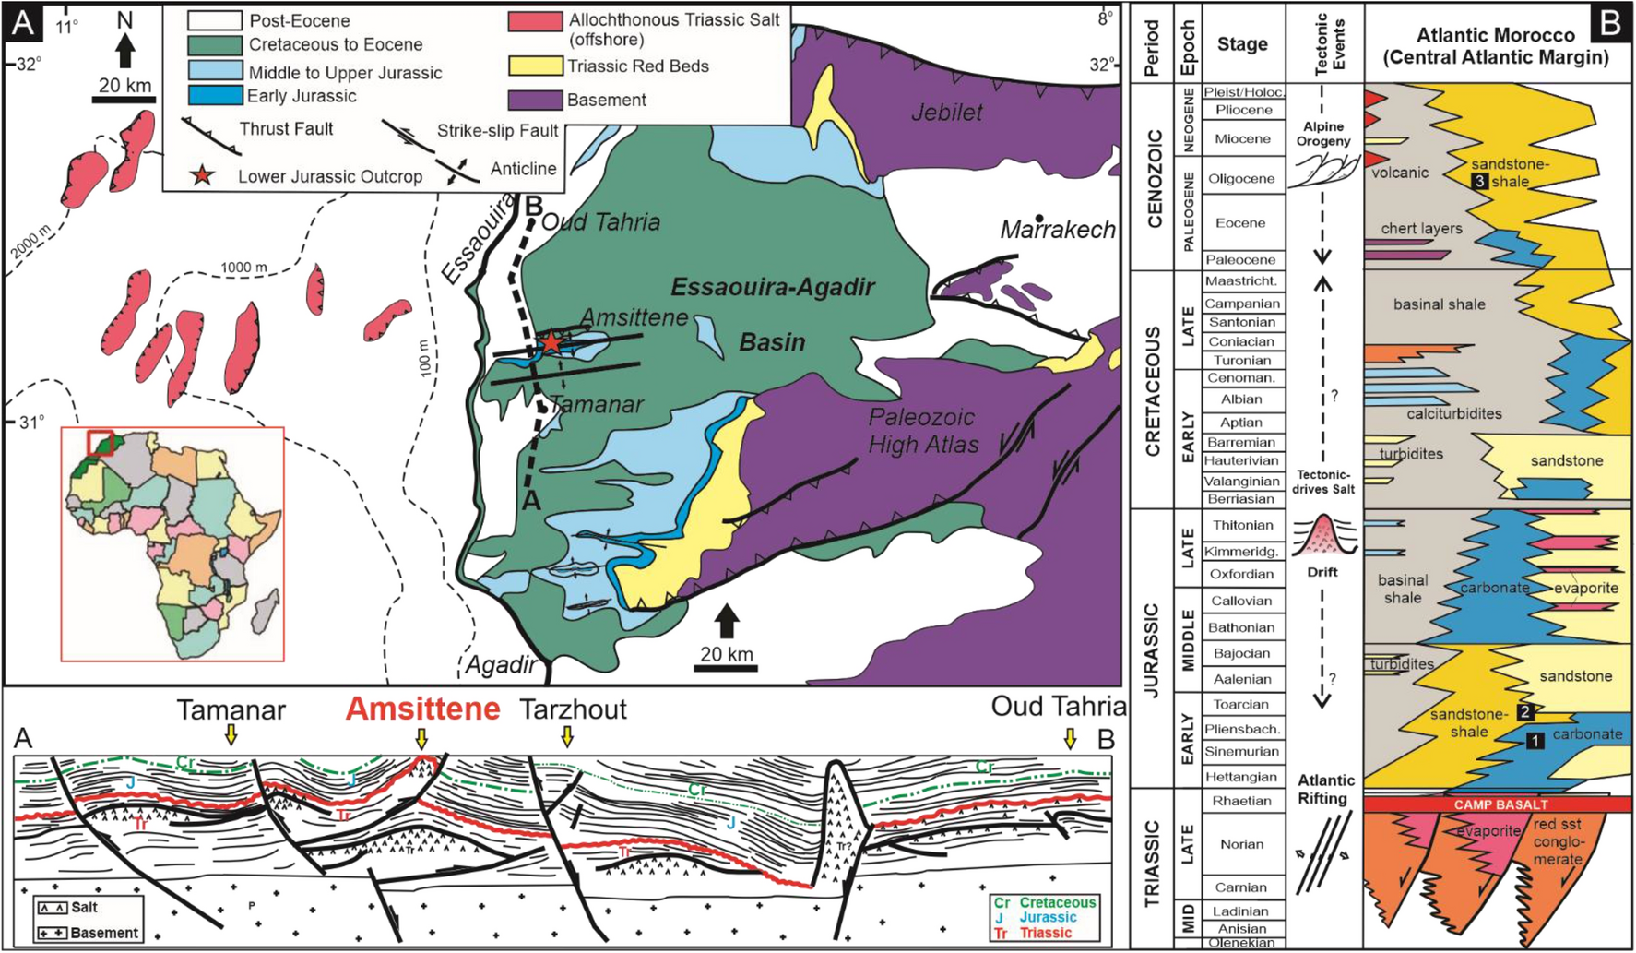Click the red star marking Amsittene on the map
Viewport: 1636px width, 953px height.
click(x=551, y=343)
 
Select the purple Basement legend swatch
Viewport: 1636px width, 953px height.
click(x=535, y=100)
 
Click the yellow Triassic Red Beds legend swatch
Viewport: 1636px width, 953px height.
click(x=535, y=66)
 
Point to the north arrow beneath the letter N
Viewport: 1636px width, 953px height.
click(x=125, y=52)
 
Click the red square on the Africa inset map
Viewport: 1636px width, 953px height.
click(x=101, y=443)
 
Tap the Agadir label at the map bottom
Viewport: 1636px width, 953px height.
click(x=500, y=665)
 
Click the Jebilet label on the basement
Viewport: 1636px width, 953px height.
click(x=946, y=113)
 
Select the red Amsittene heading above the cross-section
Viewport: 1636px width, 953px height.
click(x=422, y=709)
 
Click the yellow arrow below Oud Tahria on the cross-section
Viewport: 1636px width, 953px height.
click(x=1070, y=738)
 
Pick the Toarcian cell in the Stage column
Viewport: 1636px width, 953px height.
click(x=1241, y=704)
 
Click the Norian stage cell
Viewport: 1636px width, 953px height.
click(x=1241, y=843)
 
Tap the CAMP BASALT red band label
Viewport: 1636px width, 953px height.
click(x=1500, y=804)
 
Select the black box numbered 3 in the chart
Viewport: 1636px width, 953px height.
click(x=1480, y=182)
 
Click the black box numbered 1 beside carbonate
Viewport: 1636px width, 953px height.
click(x=1534, y=739)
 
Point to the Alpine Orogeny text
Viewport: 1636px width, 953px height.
click(x=1322, y=134)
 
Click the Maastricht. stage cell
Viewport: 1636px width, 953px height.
click(x=1241, y=280)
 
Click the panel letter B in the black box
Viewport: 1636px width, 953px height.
click(x=1609, y=22)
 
